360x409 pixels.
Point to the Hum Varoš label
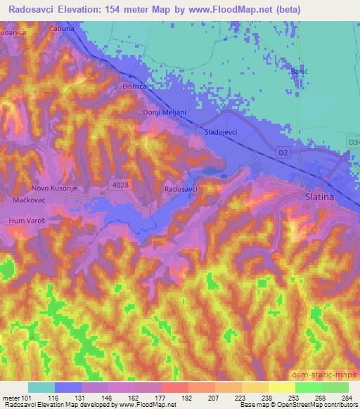(27, 220)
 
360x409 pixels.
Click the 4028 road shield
(120, 183)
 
